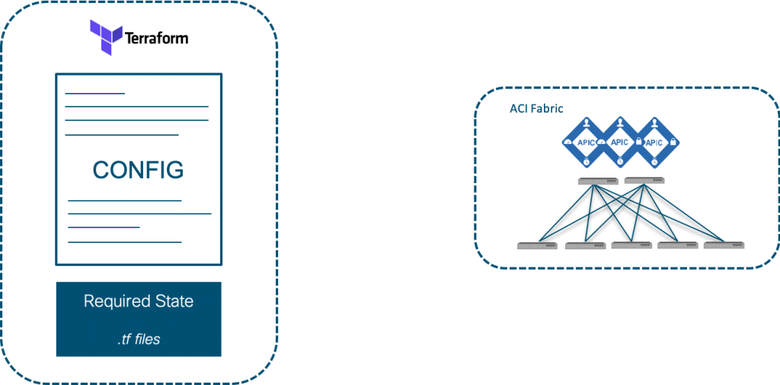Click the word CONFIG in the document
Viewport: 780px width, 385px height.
pos(138,169)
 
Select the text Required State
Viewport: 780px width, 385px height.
pos(138,301)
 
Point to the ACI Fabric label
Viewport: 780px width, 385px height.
pos(535,108)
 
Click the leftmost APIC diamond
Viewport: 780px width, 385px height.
pos(586,142)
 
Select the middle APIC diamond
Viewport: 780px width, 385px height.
pos(620,142)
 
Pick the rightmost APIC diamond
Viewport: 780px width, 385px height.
pos(654,142)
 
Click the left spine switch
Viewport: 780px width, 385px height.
pos(598,181)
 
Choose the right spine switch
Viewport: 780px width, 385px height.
pos(644,181)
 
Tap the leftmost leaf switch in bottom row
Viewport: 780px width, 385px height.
pos(537,245)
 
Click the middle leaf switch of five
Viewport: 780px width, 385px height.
pos(631,245)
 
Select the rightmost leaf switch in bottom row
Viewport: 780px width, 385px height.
pos(724,245)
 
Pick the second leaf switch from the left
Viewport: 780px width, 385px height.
pos(584,245)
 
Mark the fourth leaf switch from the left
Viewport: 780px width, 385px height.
pos(678,245)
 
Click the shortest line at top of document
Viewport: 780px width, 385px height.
pos(94,93)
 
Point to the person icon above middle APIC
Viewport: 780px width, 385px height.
pos(620,121)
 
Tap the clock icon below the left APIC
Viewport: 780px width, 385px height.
pos(586,162)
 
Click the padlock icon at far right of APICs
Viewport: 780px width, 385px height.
pos(673,143)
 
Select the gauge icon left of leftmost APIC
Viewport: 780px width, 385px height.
pos(567,142)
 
